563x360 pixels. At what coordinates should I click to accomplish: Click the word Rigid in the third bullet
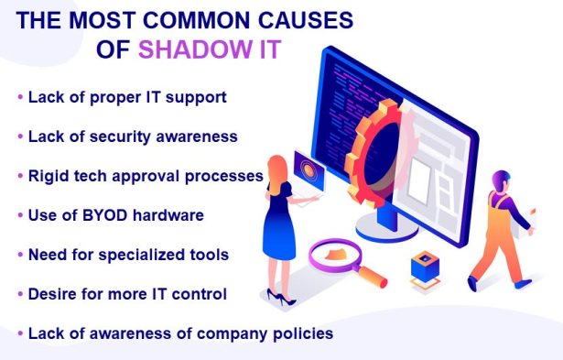pos(48,175)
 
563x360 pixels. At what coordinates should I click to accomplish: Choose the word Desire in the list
pos(53,294)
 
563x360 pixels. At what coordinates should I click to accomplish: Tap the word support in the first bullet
pos(193,96)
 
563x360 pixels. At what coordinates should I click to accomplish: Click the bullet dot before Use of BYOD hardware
pos(20,215)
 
